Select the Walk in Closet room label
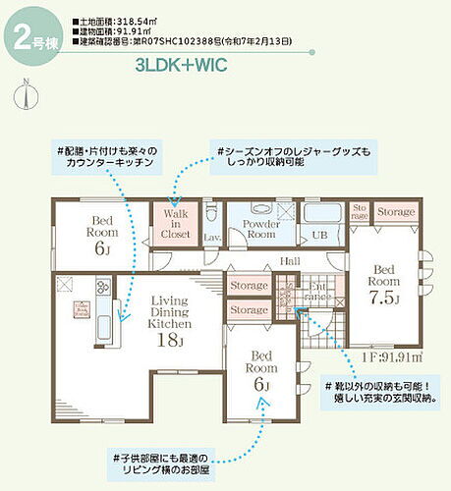tap(175, 223)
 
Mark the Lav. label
tap(211, 238)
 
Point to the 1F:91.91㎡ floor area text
tap(391, 355)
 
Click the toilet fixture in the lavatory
tap(212, 214)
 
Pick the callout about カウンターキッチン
tap(111, 158)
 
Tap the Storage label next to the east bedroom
tap(397, 212)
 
